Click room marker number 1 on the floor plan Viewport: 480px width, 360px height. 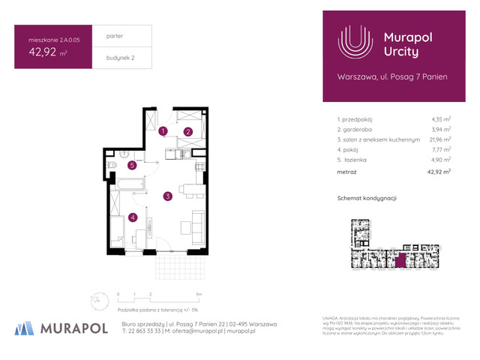[163, 131]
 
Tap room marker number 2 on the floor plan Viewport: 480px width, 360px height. [189, 132]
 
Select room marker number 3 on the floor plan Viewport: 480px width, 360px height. [169, 196]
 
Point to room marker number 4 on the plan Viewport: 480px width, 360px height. [133, 217]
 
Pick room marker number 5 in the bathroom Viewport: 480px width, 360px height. [131, 165]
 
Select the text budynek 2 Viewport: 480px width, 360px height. [121, 58]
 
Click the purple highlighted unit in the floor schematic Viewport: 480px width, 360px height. [400, 260]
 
